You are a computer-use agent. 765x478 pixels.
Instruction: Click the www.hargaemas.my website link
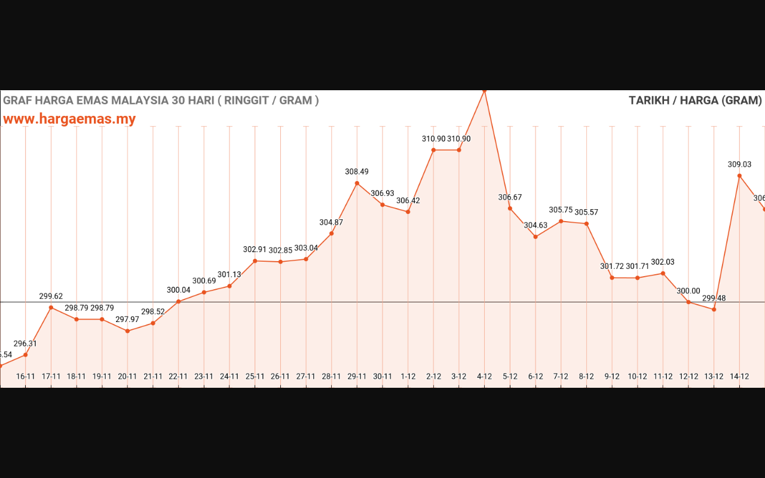tap(69, 119)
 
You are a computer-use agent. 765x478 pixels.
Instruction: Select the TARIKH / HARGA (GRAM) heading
tap(695, 100)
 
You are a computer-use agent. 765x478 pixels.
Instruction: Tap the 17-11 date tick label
tap(51, 376)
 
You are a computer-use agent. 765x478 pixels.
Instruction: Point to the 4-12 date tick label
tap(484, 376)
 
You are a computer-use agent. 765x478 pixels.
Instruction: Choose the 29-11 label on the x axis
tap(357, 376)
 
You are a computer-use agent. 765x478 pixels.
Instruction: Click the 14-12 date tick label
tap(739, 376)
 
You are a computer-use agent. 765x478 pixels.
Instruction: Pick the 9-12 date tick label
tap(612, 376)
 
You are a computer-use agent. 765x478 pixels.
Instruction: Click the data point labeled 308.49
tap(357, 183)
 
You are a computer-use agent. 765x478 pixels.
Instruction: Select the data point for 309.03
tap(739, 176)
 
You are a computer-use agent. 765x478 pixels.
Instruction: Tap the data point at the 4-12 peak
tap(484, 91)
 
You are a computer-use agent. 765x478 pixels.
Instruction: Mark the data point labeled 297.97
tap(127, 331)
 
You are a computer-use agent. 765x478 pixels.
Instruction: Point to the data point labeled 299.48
tap(714, 310)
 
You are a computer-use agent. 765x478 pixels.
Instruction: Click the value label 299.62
tap(51, 296)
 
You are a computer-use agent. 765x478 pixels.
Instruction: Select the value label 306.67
tap(510, 197)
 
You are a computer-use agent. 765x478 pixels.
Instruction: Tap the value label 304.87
tap(331, 222)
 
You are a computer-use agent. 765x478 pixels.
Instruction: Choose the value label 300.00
tap(688, 291)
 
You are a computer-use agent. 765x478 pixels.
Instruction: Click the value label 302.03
tap(663, 262)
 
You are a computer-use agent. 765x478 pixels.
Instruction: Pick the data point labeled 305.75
tap(561, 221)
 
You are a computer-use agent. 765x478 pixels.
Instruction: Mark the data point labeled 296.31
tap(25, 355)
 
